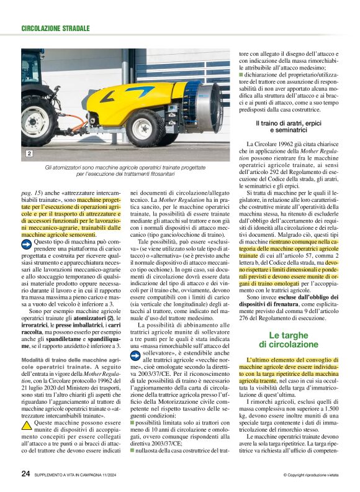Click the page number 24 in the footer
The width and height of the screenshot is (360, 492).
pos(25,473)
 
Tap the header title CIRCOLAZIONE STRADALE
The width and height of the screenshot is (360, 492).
pos(55,29)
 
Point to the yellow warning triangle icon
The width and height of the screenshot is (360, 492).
pos(27,408)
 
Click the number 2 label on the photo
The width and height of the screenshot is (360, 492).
pos(29,153)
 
